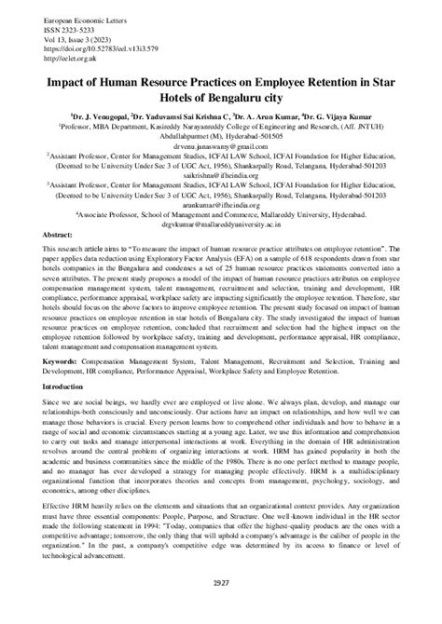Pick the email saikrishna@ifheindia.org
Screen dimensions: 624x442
[x=220, y=174]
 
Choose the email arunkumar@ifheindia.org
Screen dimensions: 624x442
[x=220, y=202]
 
